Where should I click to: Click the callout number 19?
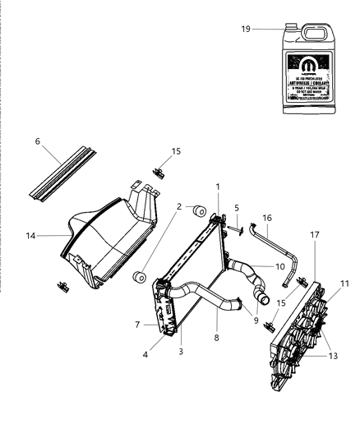246,29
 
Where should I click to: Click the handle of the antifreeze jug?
316,34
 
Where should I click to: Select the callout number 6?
38,141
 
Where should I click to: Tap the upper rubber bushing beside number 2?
198,214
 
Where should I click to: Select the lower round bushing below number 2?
138,272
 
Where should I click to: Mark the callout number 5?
236,208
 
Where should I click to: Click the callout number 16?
266,218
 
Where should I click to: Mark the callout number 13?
333,356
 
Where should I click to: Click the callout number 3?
180,351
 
